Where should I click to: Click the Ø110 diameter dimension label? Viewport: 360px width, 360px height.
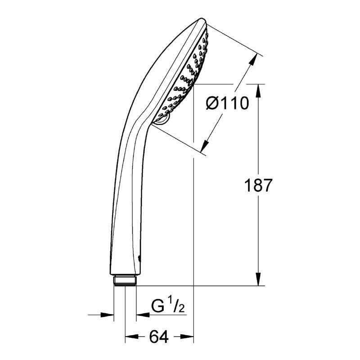tap(227, 103)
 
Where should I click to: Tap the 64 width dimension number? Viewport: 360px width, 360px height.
tap(159, 337)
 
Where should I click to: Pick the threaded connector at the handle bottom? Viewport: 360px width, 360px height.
tap(125, 280)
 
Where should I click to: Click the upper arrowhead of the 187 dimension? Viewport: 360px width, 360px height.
tap(258, 90)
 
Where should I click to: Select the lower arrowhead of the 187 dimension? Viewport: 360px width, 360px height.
tap(258, 279)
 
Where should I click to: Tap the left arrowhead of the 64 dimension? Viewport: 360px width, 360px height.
tap(132, 337)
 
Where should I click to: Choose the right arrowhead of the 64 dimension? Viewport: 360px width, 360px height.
tap(187, 337)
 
